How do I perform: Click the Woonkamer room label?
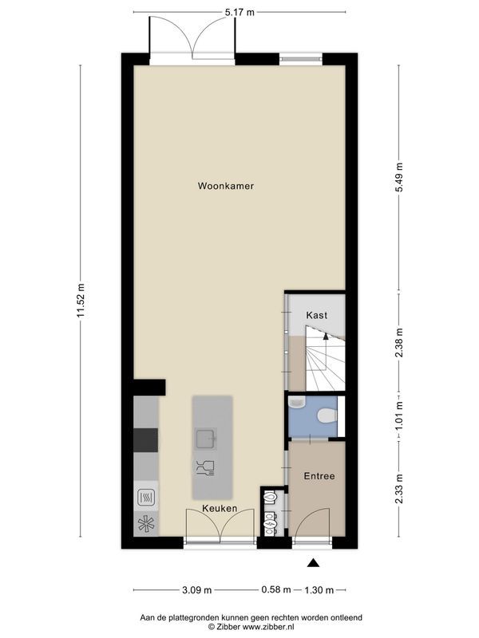point(226,186)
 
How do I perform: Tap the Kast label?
point(317,315)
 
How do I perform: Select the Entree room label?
point(319,476)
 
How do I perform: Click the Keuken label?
point(220,508)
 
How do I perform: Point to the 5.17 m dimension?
point(239,12)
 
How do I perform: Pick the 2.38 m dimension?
point(399,344)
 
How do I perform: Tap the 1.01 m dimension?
point(399,415)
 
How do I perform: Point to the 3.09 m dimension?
point(196,590)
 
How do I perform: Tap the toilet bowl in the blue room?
point(325,415)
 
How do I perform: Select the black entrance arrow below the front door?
point(314,564)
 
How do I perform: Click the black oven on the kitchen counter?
point(145,439)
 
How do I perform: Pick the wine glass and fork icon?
point(205,467)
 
